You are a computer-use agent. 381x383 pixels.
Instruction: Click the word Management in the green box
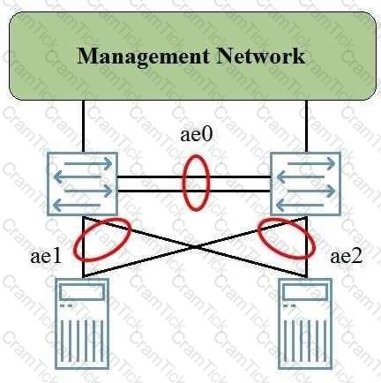(144, 56)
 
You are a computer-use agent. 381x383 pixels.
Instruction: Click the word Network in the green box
(261, 56)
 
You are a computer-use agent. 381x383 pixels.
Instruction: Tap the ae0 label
(196, 135)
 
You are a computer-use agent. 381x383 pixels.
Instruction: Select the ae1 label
(46, 257)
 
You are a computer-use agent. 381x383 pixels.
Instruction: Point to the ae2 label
(347, 257)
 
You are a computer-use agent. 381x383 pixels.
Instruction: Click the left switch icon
(83, 184)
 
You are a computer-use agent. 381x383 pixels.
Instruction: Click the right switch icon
(305, 184)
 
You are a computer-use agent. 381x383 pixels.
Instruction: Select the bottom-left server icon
(82, 324)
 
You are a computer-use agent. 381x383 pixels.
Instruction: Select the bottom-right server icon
(305, 324)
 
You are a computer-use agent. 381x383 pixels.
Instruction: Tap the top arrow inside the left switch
(88, 164)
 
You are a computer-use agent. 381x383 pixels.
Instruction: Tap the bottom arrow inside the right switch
(300, 205)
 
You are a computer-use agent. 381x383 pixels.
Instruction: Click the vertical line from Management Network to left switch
(83, 126)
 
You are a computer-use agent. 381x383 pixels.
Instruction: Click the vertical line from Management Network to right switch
(307, 126)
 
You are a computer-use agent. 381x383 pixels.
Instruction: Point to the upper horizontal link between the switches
(194, 176)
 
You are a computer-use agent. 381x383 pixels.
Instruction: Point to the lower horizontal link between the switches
(194, 191)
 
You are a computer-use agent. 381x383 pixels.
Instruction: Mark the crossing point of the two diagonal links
(195, 247)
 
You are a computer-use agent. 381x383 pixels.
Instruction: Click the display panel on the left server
(82, 292)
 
